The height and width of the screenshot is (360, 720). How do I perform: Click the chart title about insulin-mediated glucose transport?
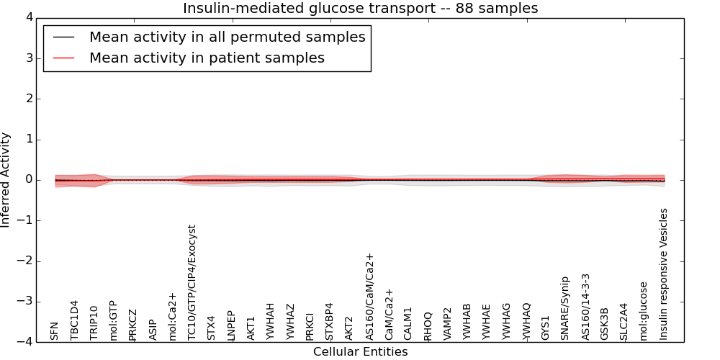360,8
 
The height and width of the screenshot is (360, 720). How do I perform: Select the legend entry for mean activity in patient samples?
207,58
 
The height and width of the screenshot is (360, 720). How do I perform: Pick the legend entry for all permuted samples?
227,37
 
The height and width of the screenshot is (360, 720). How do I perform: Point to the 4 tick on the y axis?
27,17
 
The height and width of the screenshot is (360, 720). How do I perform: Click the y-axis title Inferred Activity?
6,180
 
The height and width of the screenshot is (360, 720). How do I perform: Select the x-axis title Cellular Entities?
360,352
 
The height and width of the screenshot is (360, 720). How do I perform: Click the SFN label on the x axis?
55,330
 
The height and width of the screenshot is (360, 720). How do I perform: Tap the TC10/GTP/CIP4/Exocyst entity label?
192,282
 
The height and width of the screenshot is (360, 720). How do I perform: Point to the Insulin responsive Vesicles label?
665,274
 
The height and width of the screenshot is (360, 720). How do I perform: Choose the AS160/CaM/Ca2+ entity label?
370,297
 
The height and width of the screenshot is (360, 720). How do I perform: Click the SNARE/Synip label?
566,308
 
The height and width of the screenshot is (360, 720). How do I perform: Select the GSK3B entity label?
605,323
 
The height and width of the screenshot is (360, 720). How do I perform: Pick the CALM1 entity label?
408,323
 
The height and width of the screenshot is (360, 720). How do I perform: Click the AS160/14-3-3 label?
585,307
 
